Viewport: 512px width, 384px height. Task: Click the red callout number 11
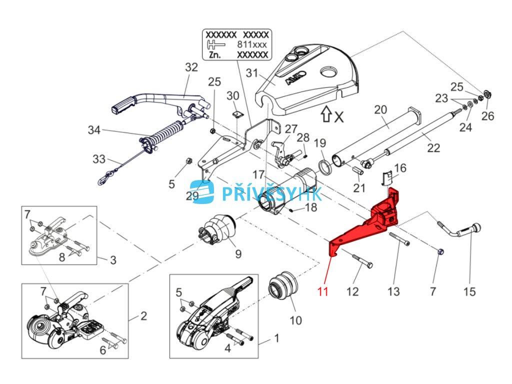(x=323, y=290)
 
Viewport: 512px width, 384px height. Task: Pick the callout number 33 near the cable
(x=98, y=159)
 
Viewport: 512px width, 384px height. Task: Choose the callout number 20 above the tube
(x=380, y=109)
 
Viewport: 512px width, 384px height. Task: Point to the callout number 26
(x=487, y=116)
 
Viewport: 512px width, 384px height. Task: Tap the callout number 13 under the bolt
(x=393, y=291)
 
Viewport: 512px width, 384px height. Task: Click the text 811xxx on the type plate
(x=252, y=44)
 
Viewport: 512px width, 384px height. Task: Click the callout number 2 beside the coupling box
(x=143, y=315)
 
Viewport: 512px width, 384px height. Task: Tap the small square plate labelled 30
(x=237, y=113)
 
